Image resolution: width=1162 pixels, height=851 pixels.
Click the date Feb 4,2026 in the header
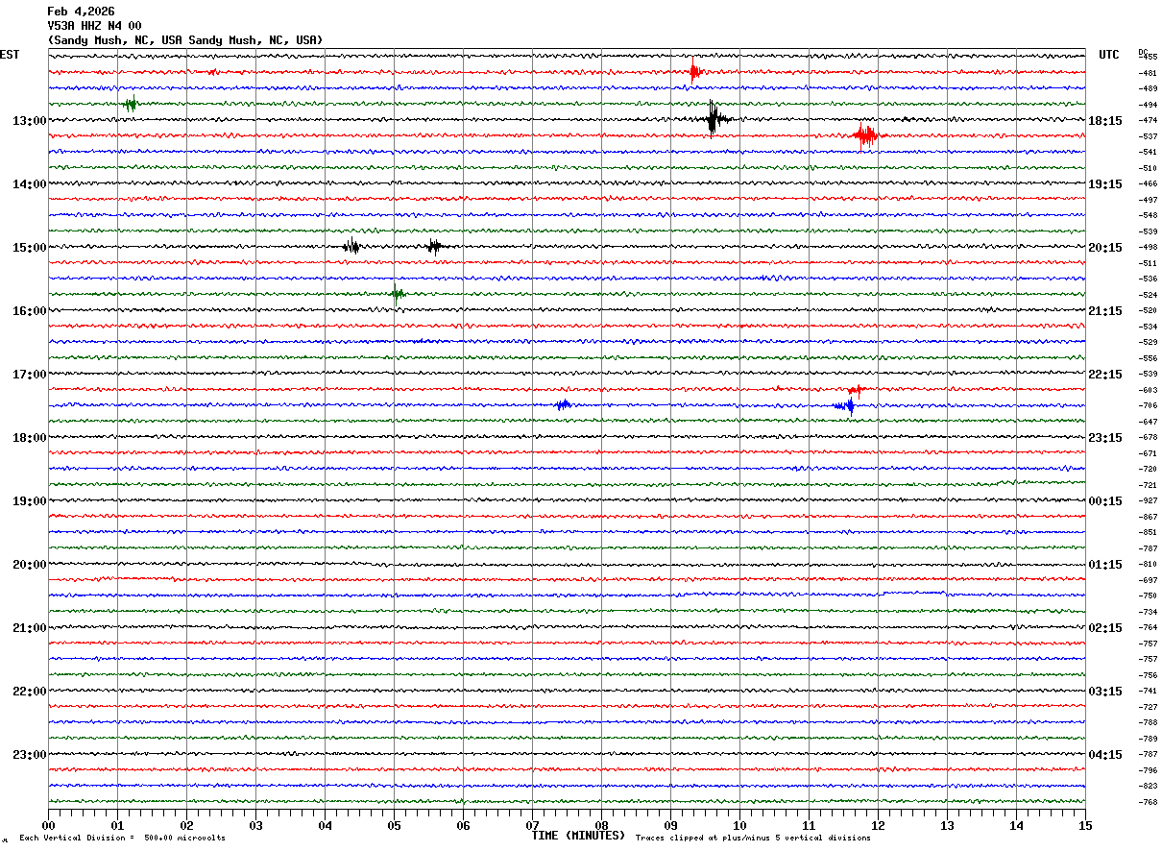point(81,12)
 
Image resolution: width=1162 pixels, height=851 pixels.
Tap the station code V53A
point(61,26)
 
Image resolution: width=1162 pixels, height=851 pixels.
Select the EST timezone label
point(9,55)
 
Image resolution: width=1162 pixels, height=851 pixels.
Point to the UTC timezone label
point(1108,55)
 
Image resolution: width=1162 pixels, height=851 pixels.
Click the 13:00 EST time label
point(29,121)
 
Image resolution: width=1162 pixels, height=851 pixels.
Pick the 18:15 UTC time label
point(1105,121)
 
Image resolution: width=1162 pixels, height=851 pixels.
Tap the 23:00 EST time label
point(29,755)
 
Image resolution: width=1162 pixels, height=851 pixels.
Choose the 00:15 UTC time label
point(1105,501)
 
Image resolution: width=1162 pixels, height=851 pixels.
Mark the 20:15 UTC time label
point(1105,248)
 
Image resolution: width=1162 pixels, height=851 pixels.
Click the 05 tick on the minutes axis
point(394,825)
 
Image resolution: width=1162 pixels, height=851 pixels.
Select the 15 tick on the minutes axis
point(1085,825)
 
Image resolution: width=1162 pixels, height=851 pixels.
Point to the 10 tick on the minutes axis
point(739,825)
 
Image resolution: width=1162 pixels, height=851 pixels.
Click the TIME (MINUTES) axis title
point(578,836)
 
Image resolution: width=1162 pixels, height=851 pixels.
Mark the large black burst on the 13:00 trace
point(713,119)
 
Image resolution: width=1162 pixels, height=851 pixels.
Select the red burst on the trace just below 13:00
point(865,135)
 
